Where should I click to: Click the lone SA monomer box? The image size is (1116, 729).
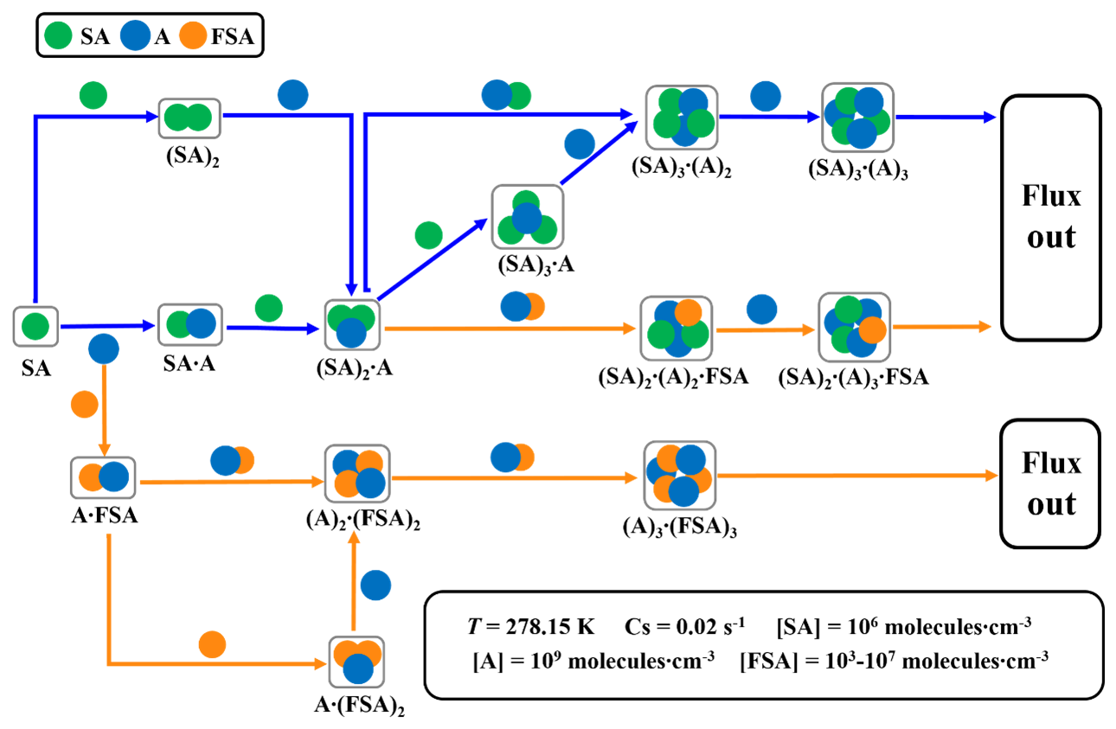click(35, 327)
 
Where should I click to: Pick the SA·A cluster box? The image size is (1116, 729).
click(189, 324)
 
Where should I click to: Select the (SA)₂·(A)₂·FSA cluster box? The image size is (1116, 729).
click(676, 328)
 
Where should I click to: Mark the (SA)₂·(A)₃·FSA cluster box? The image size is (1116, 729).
click(855, 326)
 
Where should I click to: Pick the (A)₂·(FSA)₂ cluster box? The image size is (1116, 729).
click(357, 474)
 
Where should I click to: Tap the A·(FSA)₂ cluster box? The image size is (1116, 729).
click(356, 662)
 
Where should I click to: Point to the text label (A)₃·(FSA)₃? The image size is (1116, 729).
click(678, 527)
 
